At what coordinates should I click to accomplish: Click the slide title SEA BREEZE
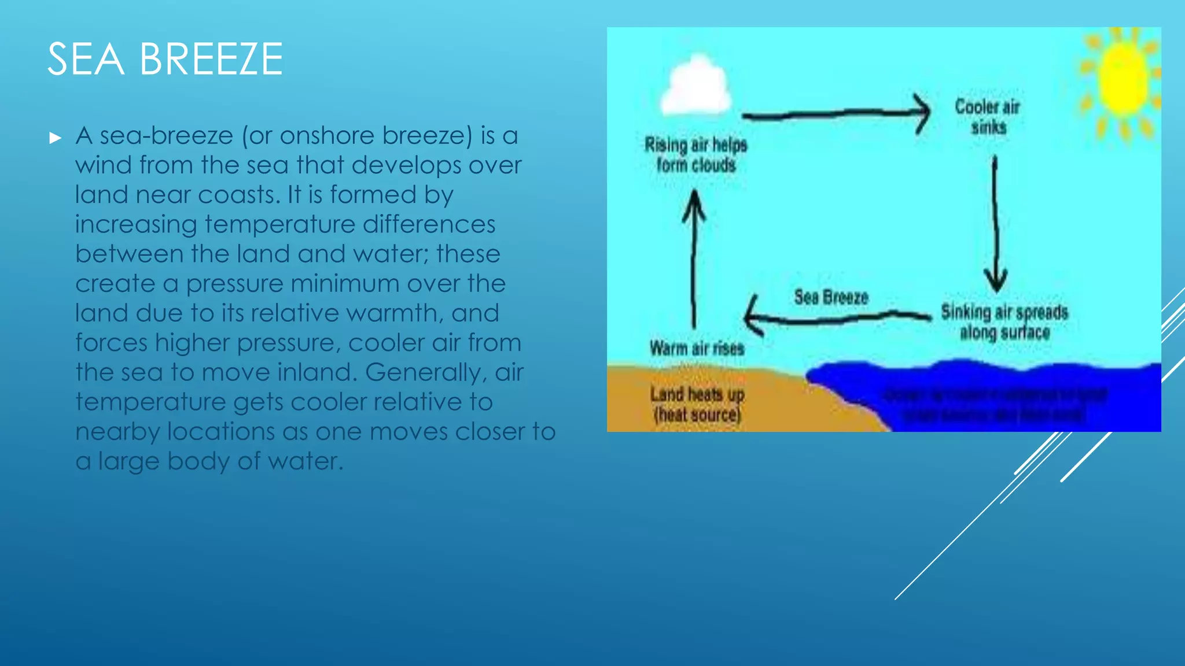(x=165, y=59)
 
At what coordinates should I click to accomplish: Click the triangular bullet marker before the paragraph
(x=56, y=138)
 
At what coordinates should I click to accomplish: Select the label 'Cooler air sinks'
(x=987, y=116)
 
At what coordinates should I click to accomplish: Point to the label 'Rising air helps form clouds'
(x=695, y=154)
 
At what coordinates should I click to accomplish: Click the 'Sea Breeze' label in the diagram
(x=831, y=297)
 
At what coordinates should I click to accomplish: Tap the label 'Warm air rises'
(x=697, y=348)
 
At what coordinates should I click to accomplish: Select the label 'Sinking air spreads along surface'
(x=1004, y=321)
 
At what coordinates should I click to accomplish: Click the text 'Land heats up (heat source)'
(x=697, y=404)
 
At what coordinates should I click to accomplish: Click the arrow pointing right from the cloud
(x=836, y=114)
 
